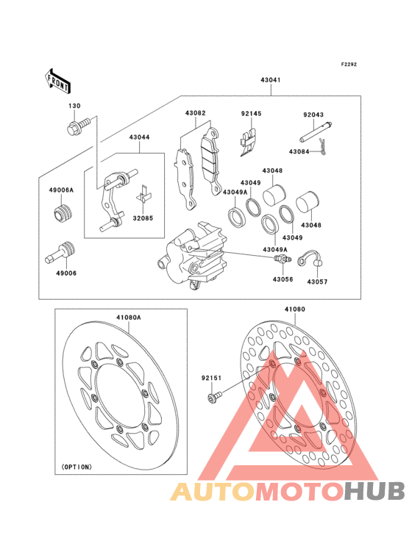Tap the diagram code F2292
click(x=348, y=65)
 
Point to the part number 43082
click(x=195, y=114)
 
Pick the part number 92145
click(x=251, y=114)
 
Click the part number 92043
click(x=313, y=115)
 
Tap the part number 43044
click(x=139, y=137)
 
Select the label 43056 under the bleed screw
click(x=283, y=279)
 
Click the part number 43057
click(x=318, y=281)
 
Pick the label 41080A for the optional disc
click(x=127, y=318)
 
